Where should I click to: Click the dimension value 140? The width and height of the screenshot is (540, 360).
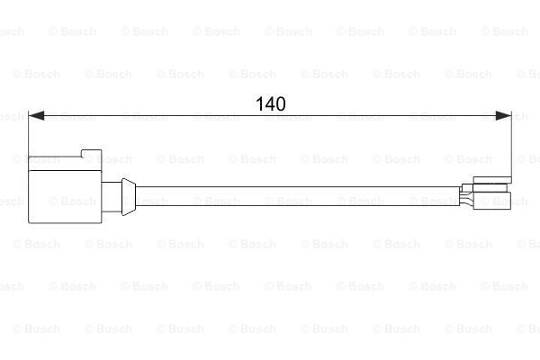tap(271, 103)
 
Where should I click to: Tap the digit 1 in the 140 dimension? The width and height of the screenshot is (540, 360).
tap(260, 103)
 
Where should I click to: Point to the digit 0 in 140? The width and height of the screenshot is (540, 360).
tap(281, 103)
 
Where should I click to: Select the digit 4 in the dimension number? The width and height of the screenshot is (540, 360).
tap(270, 103)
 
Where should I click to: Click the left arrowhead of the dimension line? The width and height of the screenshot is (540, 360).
tap(36, 116)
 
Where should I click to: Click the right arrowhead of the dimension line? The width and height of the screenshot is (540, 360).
tap(503, 116)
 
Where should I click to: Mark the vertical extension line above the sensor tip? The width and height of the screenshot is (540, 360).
tap(512, 144)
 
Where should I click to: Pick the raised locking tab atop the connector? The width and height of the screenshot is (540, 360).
tap(91, 154)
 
